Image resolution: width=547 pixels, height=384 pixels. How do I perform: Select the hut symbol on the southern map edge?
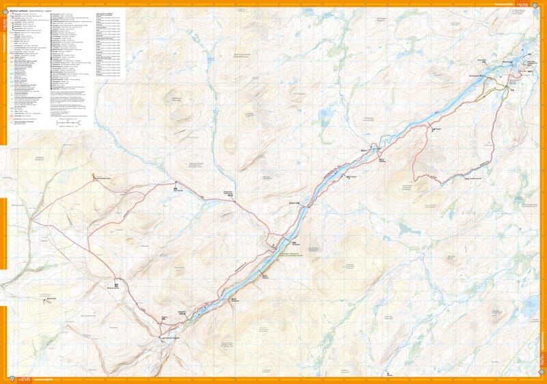tap(386, 374)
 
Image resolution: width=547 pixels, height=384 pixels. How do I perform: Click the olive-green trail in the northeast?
tap(494, 86)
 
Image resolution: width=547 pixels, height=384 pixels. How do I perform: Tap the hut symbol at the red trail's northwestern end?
tap(94, 176)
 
